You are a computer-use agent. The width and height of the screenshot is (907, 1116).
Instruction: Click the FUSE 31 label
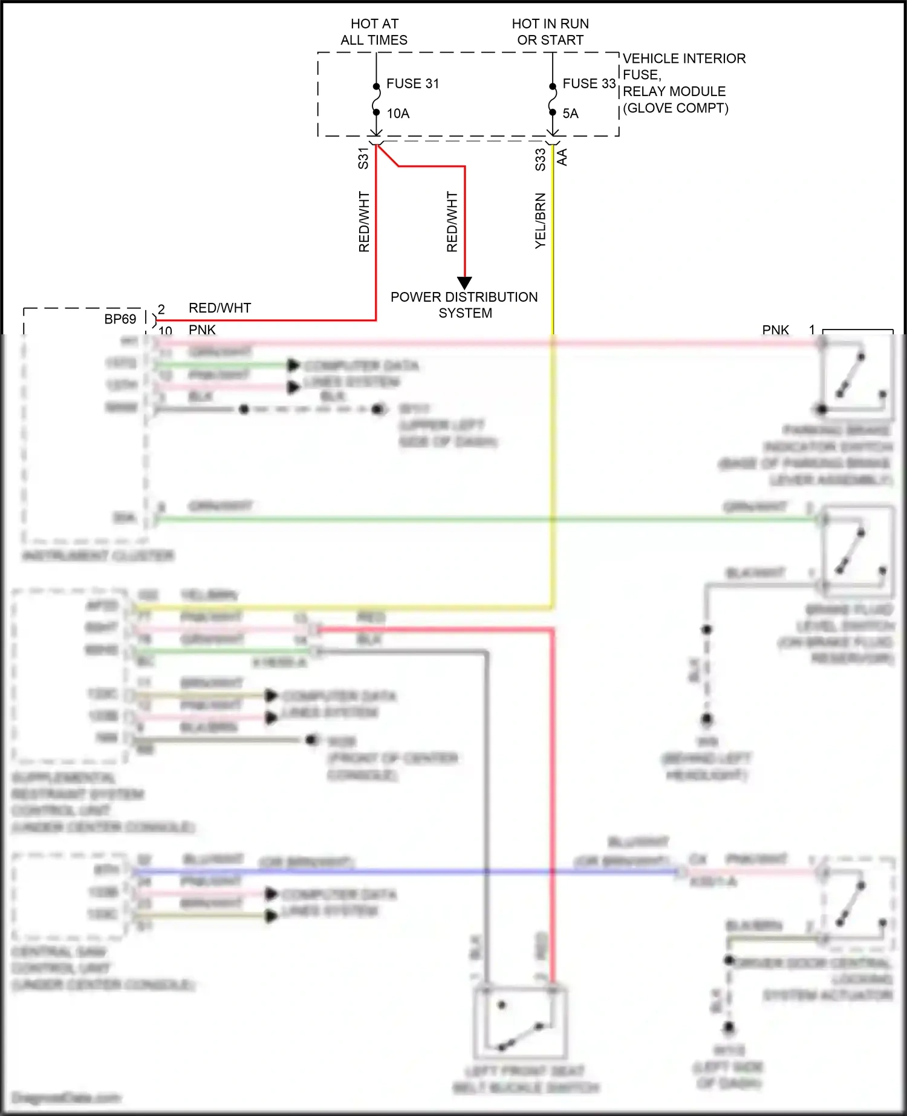click(x=412, y=83)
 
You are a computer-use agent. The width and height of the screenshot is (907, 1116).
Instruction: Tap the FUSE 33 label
click(x=588, y=83)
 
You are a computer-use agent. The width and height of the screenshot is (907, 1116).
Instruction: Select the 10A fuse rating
click(x=398, y=114)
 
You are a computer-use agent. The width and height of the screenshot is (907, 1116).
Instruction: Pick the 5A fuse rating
click(x=570, y=114)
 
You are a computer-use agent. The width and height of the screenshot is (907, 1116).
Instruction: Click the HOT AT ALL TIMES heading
click(x=374, y=32)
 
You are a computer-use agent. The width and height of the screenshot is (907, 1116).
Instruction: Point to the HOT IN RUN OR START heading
click(x=550, y=32)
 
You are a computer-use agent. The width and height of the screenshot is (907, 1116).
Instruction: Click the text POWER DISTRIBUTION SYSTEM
click(x=464, y=305)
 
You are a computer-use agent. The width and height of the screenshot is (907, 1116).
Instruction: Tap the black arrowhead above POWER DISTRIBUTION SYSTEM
click(x=464, y=282)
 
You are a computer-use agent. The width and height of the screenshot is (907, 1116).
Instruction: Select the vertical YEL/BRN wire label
click(x=540, y=221)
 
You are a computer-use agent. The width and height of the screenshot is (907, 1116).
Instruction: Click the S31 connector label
click(x=363, y=158)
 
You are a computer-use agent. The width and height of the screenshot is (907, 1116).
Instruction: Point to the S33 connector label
click(x=540, y=160)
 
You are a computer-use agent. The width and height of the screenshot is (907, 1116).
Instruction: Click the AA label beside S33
click(x=562, y=157)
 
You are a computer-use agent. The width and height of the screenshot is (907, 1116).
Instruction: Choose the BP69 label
click(x=120, y=319)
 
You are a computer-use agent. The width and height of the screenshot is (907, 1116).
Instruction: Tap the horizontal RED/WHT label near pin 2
click(x=219, y=308)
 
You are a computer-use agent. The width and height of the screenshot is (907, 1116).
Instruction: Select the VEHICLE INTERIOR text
click(x=684, y=59)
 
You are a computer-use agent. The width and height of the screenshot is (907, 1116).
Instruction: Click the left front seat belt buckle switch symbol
click(x=521, y=1022)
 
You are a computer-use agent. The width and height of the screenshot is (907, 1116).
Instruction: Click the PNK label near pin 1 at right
click(x=775, y=329)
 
